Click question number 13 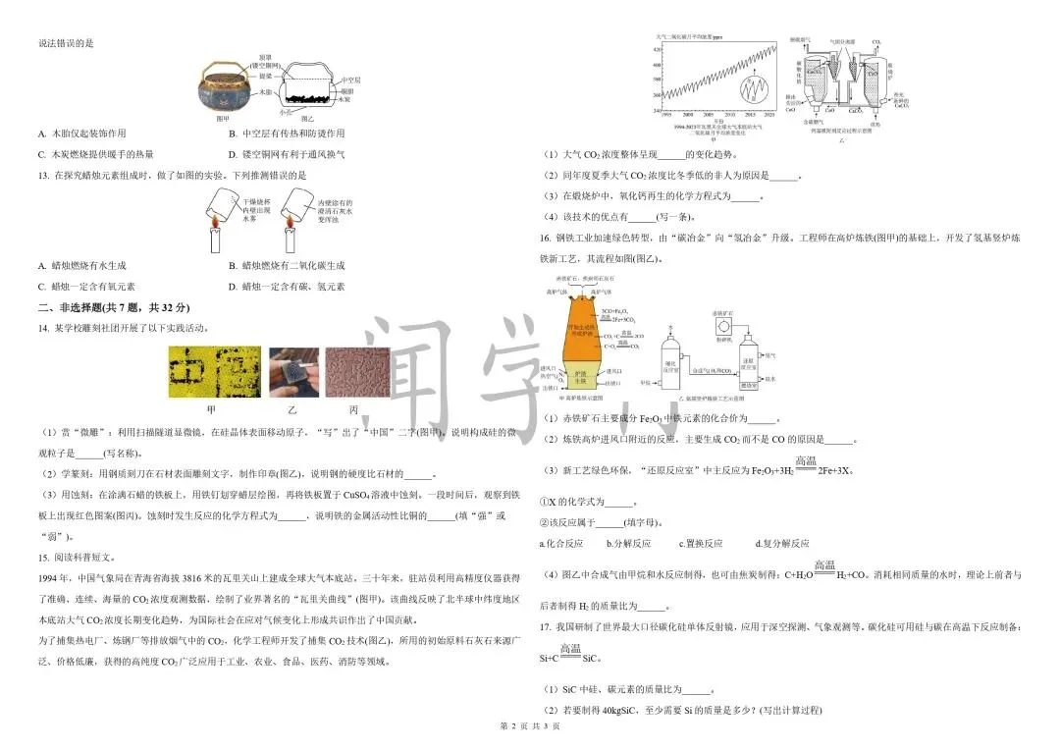click(x=43, y=175)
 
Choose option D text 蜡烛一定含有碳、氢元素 click(x=292, y=287)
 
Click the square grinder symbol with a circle click(x=722, y=324)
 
